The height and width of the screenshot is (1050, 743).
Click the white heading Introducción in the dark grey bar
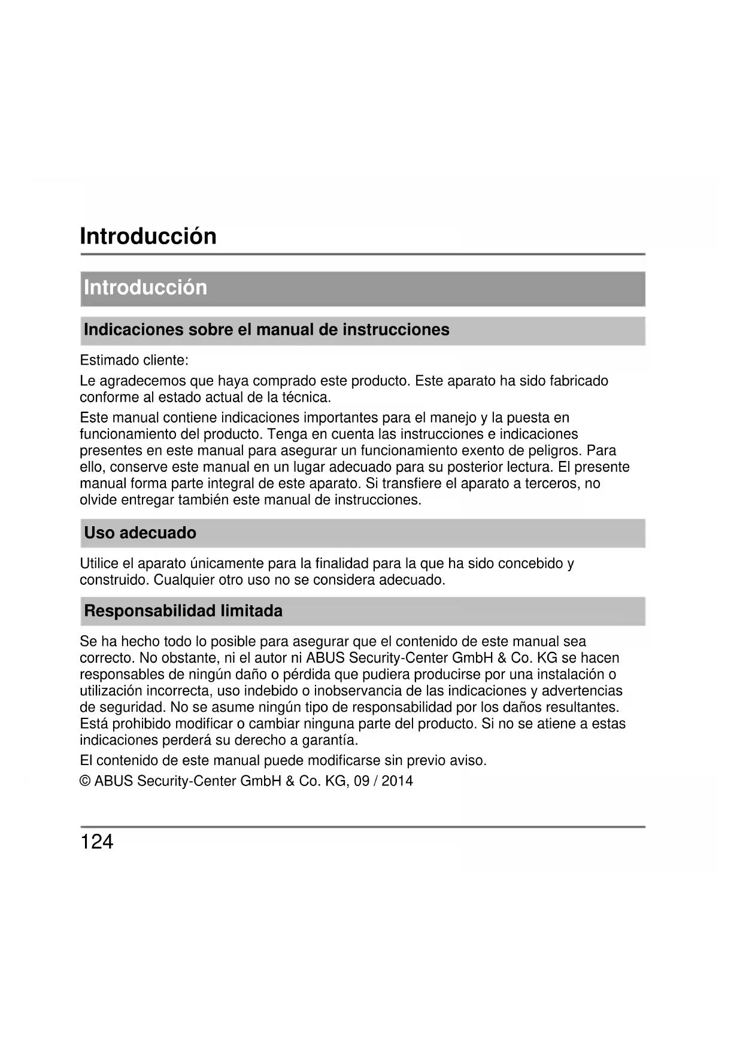(x=145, y=288)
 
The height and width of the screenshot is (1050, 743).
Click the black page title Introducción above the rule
(x=148, y=236)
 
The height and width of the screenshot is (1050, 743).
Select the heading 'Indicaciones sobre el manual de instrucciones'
(x=266, y=330)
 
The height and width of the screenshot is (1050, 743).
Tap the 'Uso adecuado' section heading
(x=140, y=533)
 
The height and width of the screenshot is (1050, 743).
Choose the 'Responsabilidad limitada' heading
(x=183, y=611)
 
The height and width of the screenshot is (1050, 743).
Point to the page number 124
(x=96, y=842)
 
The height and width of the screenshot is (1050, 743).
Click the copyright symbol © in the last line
(x=85, y=781)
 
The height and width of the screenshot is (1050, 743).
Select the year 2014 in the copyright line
(x=397, y=781)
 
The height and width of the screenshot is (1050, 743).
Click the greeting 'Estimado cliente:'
(x=134, y=361)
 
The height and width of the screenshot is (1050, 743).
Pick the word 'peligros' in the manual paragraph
(x=556, y=451)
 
